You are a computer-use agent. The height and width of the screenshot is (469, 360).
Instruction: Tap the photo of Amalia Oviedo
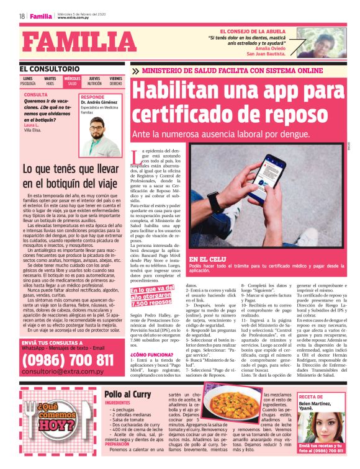(x=321, y=43)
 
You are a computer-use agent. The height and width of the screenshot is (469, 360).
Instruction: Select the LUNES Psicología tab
(x=28, y=81)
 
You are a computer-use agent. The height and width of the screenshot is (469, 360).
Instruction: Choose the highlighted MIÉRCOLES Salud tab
(x=72, y=81)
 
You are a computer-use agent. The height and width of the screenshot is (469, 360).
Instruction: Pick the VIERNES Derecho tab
(x=116, y=81)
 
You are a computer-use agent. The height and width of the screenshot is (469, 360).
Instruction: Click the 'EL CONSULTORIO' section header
(x=50, y=68)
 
